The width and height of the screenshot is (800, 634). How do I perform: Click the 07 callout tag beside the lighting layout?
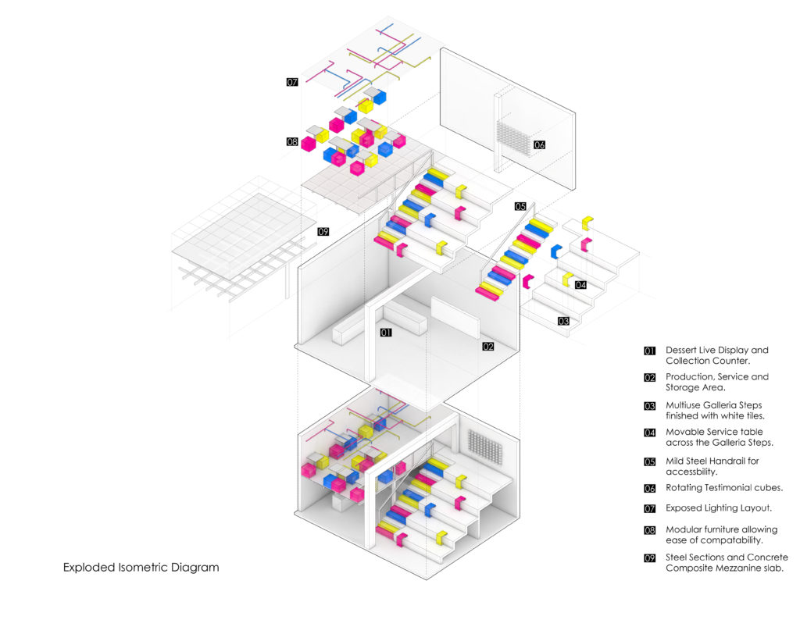(x=292, y=81)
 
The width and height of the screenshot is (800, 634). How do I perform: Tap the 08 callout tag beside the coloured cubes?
(x=292, y=142)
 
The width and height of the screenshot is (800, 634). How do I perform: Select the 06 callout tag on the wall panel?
(x=540, y=145)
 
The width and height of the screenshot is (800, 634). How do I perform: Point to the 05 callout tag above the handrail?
(x=521, y=206)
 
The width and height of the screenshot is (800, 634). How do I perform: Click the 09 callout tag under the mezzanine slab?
(x=323, y=232)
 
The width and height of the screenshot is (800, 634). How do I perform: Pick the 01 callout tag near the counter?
(x=385, y=333)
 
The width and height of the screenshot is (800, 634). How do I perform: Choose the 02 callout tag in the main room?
(x=488, y=346)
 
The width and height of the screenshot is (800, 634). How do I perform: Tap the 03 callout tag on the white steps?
(x=563, y=321)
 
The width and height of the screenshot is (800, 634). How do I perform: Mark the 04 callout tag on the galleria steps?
(x=580, y=285)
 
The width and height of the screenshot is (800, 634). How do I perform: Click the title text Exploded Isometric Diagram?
(x=141, y=568)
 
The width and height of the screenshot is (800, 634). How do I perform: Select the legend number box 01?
(x=649, y=351)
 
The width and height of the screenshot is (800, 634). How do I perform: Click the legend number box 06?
(x=649, y=488)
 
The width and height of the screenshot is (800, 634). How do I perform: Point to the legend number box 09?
(x=649, y=557)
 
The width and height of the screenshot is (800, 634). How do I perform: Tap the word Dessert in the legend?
(x=684, y=350)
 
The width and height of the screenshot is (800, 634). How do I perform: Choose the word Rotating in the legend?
(x=686, y=488)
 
